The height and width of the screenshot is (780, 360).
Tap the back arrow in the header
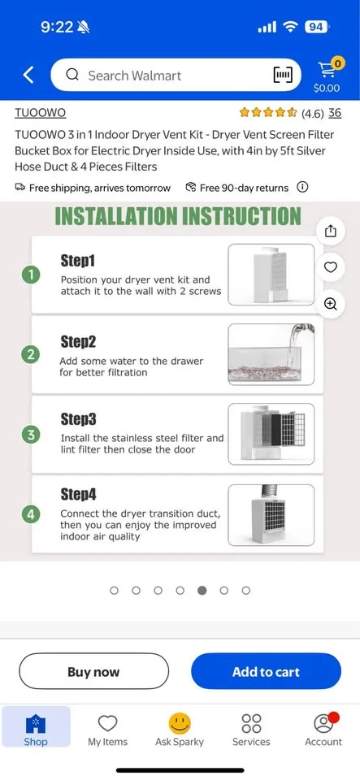point(28,76)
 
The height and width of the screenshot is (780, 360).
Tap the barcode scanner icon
point(282,76)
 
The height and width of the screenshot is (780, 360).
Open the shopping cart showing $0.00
point(327,75)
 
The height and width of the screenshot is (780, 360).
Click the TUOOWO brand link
point(40,113)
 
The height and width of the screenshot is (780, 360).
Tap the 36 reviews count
point(335,113)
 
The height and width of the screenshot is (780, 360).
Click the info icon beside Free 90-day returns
point(302,188)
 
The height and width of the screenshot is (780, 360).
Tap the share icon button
point(330,231)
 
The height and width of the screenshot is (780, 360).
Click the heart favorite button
point(330,267)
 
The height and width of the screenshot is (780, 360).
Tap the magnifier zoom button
point(330,304)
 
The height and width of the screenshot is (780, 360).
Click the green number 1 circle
point(31,275)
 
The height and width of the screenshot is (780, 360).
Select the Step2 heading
point(78,341)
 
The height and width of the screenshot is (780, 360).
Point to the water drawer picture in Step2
point(271,353)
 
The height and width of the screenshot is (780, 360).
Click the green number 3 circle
point(31,434)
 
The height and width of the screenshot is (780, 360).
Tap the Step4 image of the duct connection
point(271,513)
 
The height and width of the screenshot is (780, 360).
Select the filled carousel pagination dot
point(202,591)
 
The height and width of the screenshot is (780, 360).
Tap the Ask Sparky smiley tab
point(180,729)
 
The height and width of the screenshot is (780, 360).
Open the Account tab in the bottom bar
point(323,729)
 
